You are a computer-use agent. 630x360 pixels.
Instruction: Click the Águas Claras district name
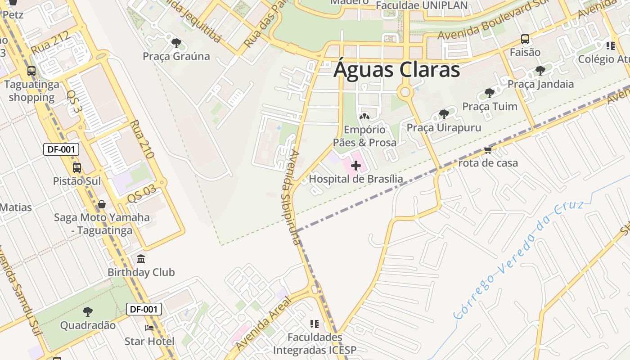pos(397,70)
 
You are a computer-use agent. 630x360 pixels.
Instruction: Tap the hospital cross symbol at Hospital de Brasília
pos(355,166)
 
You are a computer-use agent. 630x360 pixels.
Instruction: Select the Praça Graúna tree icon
pos(176,43)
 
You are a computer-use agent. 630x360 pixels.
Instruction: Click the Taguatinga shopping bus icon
pos(31,71)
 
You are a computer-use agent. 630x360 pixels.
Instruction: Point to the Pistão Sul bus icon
pos(77,168)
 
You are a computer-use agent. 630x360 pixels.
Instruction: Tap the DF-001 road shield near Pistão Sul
pos(61,149)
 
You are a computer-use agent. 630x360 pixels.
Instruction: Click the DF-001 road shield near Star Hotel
pos(144,309)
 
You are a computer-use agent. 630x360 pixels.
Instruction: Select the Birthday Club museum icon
pos(141,259)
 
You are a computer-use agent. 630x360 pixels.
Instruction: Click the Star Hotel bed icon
pos(149,328)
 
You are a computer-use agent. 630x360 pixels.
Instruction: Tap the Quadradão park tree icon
pos(88,311)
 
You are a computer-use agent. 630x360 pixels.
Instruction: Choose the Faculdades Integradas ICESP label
pos(315,343)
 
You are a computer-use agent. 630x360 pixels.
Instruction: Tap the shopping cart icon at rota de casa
pos(488,150)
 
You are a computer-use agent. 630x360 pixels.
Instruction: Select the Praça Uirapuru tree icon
pos(444,114)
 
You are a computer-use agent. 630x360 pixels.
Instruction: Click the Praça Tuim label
pos(490,107)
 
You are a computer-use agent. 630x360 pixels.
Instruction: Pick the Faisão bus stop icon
pos(525,39)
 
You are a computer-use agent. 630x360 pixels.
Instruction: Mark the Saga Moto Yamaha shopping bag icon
pos(102,204)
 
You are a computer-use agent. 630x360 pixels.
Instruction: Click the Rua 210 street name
pos(142,139)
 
